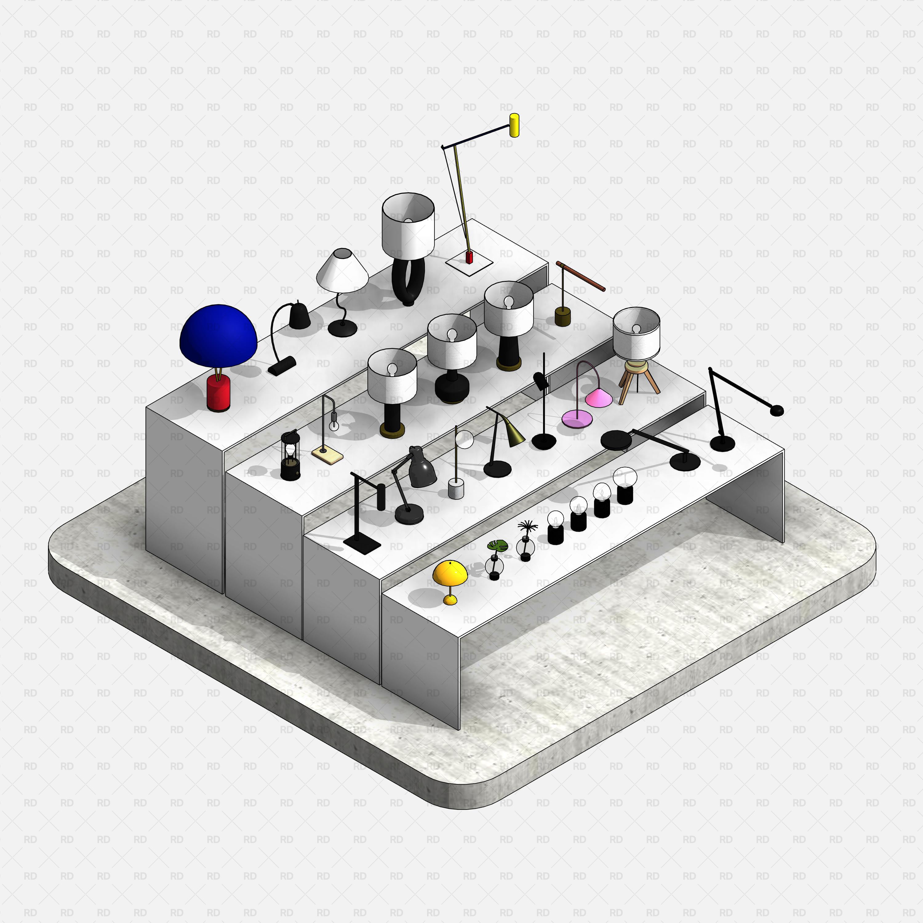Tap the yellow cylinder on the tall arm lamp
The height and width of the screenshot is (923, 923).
tap(514, 125)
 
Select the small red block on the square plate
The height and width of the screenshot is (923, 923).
tap(469, 258)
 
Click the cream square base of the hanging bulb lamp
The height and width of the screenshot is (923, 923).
tap(327, 455)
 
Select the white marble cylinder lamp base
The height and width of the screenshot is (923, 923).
tap(456, 490)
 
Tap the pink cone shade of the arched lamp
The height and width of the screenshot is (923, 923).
tap(599, 398)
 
